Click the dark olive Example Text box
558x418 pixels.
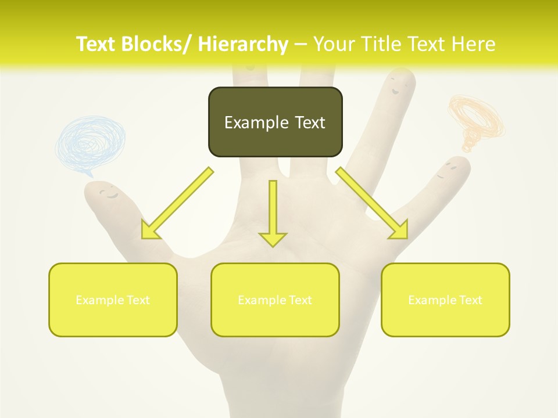point(275,122)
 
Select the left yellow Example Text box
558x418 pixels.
point(113,300)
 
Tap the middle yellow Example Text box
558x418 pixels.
point(275,300)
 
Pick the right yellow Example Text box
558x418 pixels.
point(445,300)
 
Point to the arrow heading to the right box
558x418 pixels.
point(373,204)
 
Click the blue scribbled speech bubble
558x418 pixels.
point(90,143)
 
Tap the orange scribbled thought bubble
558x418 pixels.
point(475,119)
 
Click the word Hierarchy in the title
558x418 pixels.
point(242,44)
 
